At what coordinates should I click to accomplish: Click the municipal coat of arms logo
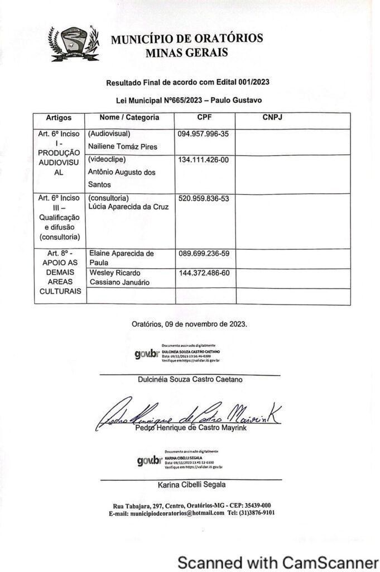coord(74,44)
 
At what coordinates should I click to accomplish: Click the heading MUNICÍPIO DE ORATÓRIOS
coord(187,40)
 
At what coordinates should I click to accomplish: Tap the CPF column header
coord(204,118)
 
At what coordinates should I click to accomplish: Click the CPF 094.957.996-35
coord(204,135)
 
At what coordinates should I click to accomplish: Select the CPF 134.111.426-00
coord(204,160)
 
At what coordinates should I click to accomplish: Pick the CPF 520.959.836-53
coord(204,198)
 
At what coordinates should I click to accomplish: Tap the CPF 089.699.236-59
coord(204,254)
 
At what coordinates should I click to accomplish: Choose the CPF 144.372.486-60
coord(204,273)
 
